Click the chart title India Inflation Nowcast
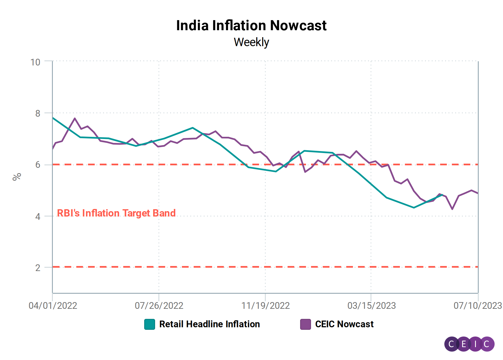pos(251,25)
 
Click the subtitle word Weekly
pos(251,42)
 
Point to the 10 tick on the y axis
pos(35,62)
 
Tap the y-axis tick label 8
pos(38,113)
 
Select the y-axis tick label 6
pos(38,165)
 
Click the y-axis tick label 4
pos(38,217)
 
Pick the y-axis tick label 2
pos(38,268)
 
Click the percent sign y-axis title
pos(17,177)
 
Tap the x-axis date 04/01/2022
pos(53,305)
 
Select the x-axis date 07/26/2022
pos(159,305)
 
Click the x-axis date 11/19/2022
pos(265,305)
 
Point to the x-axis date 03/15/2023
pos(371,305)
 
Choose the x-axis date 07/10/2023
pos(478,305)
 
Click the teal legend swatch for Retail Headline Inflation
pos(150,324)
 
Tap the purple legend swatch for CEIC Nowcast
pos(305,324)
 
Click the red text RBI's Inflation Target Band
pos(116,213)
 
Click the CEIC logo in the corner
pos(469,344)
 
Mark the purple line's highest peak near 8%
pos(75,118)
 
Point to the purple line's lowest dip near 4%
pos(452,209)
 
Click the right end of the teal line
pos(442,195)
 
